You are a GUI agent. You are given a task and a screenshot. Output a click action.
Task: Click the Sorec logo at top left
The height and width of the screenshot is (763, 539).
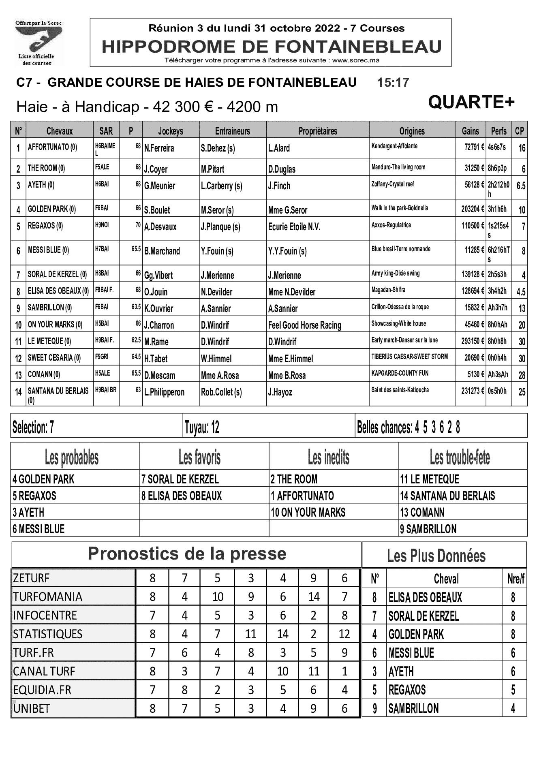[x=38, y=43]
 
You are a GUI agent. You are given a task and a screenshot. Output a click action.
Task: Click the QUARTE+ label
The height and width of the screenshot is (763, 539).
[x=471, y=102]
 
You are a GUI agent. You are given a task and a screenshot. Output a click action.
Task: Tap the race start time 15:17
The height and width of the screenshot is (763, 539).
[x=393, y=83]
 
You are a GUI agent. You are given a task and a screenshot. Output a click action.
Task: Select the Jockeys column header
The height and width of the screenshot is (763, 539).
[x=171, y=131]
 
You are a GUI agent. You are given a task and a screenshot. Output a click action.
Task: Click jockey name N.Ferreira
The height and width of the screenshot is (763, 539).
[x=159, y=148]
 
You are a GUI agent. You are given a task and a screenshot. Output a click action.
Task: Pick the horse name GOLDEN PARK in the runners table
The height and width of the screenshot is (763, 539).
[x=51, y=209]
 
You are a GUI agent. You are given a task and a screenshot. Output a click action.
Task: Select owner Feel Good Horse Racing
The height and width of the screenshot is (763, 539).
[x=304, y=325]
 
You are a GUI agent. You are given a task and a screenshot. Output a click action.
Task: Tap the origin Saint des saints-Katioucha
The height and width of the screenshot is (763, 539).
[x=400, y=390]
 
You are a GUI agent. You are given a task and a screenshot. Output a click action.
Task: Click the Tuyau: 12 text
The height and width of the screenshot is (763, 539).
[x=202, y=427]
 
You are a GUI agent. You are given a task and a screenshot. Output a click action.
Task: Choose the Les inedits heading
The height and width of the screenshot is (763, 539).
[x=328, y=457]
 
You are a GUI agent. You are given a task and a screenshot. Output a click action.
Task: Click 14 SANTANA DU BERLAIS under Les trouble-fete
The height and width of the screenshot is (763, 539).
[x=447, y=496]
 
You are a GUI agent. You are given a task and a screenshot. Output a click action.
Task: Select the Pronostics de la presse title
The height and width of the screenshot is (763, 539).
[x=187, y=554]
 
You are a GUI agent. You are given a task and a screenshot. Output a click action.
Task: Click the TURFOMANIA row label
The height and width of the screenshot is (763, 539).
[x=47, y=597]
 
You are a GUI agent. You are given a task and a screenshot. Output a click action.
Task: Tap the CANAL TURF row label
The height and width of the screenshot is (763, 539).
[x=44, y=671]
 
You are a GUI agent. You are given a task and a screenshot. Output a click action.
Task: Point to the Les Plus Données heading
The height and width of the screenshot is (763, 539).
[x=436, y=556]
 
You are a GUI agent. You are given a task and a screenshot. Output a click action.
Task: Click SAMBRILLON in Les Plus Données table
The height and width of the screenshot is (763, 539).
[x=413, y=708]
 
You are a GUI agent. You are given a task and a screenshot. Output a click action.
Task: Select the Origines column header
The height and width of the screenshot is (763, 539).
[x=412, y=131]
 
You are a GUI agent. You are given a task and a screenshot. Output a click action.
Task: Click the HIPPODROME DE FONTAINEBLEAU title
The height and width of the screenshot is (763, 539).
[x=272, y=47]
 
